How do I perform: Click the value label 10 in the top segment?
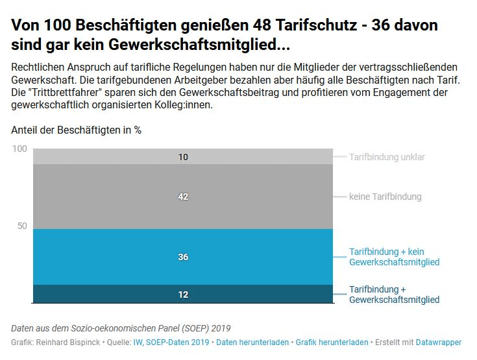click(183, 157)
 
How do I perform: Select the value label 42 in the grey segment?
click(183, 197)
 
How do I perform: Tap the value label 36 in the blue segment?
click(183, 258)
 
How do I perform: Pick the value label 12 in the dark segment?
click(183, 294)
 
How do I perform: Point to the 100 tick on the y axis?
click(20, 149)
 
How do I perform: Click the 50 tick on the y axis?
click(23, 226)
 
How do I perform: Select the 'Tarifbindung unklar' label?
click(387, 157)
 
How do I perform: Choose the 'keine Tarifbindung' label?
click(385, 197)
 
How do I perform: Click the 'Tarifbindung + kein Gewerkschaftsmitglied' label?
click(394, 257)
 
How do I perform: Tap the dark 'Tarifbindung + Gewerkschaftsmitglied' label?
click(394, 294)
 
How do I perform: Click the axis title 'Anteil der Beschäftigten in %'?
click(77, 130)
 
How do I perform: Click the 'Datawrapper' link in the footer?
click(439, 342)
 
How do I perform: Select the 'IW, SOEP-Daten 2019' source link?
click(171, 342)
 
